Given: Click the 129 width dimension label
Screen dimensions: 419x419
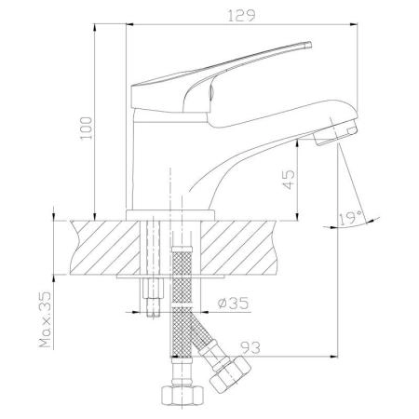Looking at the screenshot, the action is click(x=241, y=16).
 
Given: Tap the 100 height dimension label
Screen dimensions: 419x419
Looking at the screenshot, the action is click(x=87, y=128).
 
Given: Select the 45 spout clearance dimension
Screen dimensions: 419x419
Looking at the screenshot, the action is click(x=289, y=180).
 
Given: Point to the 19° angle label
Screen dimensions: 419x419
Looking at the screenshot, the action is click(x=350, y=218).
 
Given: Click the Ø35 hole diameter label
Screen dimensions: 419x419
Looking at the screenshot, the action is click(x=233, y=304).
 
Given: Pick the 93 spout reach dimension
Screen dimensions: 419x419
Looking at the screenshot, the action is click(x=250, y=347).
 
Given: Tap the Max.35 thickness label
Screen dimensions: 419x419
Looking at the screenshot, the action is click(x=45, y=319).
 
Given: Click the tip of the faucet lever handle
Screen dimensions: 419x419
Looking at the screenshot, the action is click(x=310, y=44).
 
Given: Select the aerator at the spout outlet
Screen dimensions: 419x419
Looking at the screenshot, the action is click(x=336, y=133).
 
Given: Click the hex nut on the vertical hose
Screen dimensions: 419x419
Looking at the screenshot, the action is click(x=182, y=395).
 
